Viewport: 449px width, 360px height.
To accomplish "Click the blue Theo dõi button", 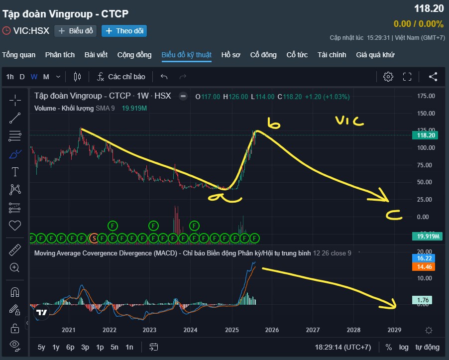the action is click(124, 31).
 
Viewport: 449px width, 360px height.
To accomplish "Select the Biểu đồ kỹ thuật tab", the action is click(186, 55).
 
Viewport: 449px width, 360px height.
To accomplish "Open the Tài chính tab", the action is click(332, 55).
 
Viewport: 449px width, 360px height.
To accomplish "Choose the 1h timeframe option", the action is click(10, 77).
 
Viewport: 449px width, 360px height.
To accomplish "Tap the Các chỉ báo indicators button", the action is click(121, 77).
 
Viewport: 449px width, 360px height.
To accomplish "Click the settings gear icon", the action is click(388, 77).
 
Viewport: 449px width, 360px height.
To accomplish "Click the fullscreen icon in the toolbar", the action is click(407, 77).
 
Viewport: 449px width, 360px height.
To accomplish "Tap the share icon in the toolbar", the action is click(433, 77).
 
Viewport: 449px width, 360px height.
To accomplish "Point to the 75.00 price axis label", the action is click(426, 165).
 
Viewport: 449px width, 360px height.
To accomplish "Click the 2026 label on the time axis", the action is click(272, 330).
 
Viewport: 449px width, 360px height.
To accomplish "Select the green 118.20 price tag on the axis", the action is click(425, 135).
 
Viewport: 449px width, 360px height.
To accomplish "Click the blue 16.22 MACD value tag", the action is click(424, 258).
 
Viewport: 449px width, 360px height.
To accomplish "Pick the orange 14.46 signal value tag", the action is click(424, 266).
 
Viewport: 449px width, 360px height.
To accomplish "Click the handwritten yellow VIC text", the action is click(349, 121).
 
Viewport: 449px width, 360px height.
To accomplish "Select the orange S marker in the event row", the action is click(94, 239).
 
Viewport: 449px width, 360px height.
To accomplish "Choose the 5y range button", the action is click(41, 347).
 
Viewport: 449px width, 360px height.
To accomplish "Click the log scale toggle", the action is click(404, 347).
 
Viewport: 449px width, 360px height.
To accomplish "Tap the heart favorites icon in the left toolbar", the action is click(15, 226).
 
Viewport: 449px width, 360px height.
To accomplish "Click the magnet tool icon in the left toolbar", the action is click(15, 292).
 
